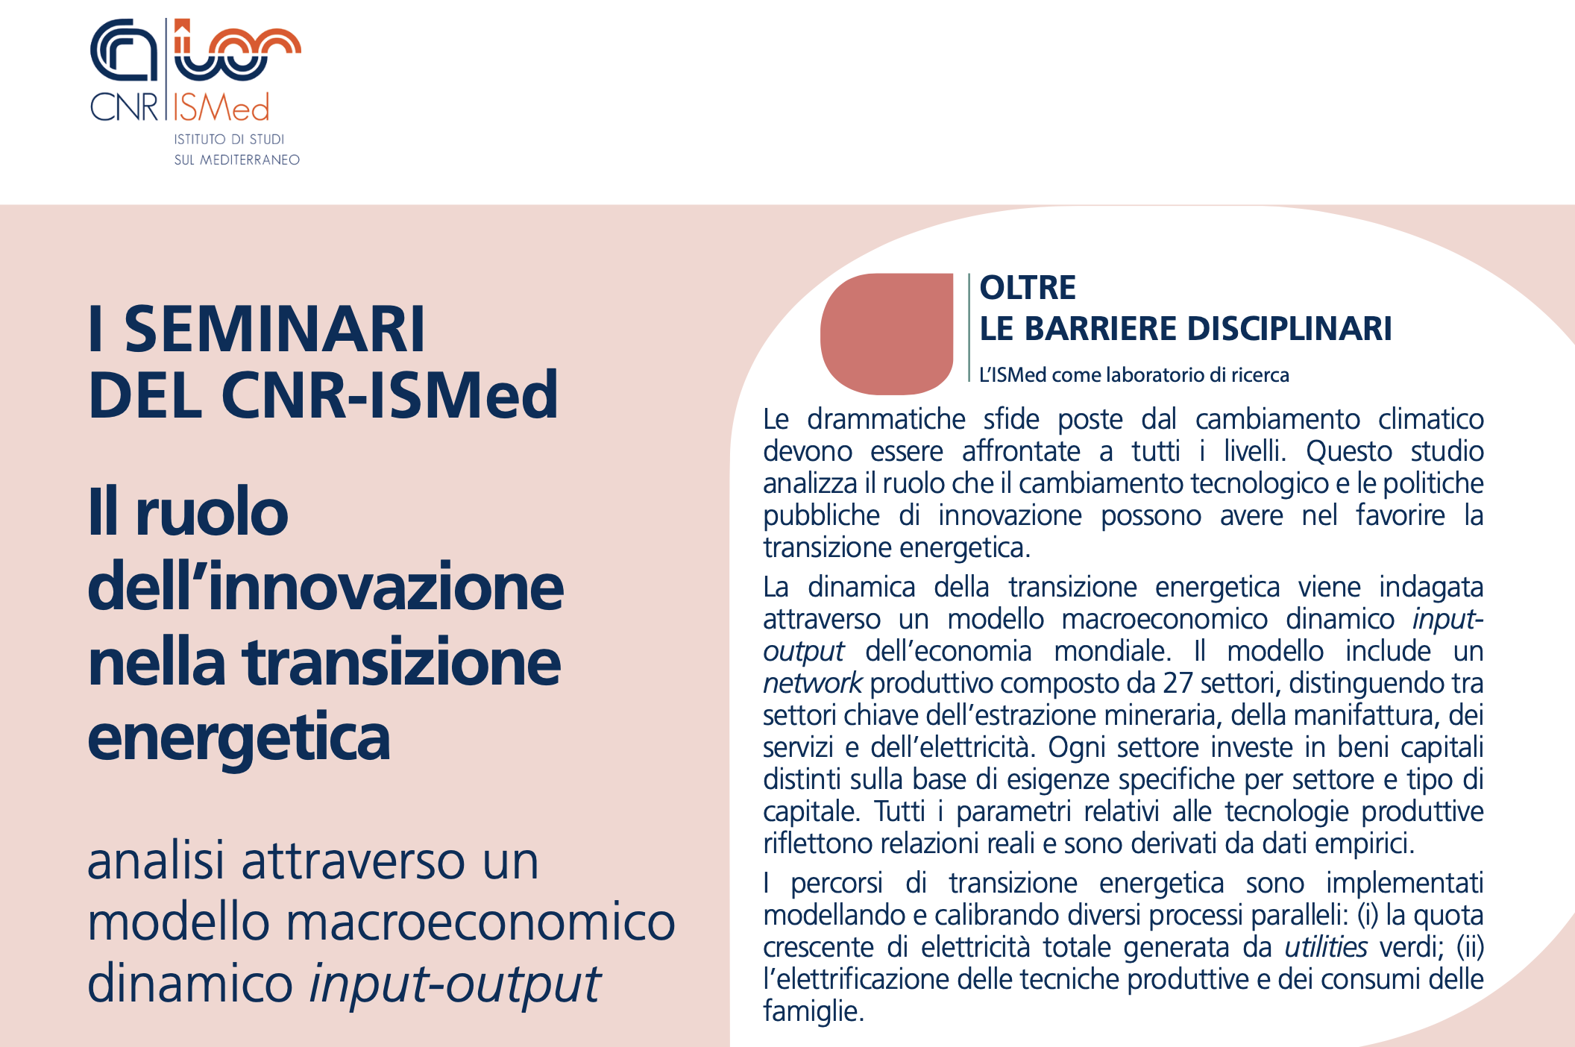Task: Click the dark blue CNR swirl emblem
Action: (123, 50)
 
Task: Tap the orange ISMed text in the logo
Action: (221, 109)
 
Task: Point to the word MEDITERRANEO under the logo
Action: (249, 160)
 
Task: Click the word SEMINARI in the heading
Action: (274, 329)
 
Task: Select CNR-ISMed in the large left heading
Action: (389, 394)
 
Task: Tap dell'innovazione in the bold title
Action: (325, 588)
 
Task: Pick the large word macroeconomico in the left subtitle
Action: (480, 922)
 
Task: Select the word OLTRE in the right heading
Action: (1027, 288)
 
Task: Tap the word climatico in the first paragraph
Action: (1430, 419)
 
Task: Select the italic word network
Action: (812, 683)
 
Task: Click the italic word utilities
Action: (1325, 947)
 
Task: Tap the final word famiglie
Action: (812, 1011)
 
